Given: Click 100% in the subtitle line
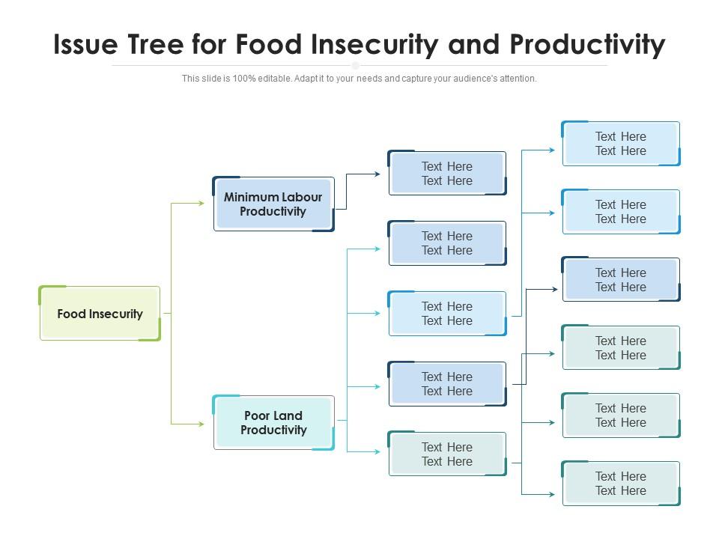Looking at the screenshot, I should click(245, 79).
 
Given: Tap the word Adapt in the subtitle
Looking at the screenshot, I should click(309, 79).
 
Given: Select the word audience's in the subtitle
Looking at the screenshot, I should click(476, 79).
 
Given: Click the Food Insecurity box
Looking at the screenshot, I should click(100, 314).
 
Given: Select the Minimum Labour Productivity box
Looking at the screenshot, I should click(273, 204).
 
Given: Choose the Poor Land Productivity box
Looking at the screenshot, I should click(273, 423).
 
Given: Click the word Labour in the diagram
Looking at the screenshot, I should click(301, 198).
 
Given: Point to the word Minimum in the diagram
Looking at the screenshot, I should click(250, 198).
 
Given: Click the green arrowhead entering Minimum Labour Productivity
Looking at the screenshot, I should click(201, 203).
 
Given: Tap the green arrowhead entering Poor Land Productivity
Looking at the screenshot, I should click(201, 424).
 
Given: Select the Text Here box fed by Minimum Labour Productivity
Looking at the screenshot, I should click(447, 174).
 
